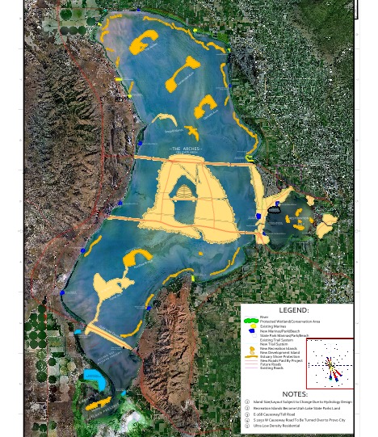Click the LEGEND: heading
[294, 310]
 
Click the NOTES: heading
[295, 394]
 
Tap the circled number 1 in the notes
[248, 401]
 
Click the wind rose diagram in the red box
[330, 363]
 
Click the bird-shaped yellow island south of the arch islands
[135, 258]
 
